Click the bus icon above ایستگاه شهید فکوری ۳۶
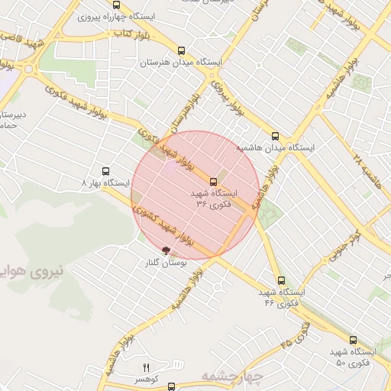point(213,182)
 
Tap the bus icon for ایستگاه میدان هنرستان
point(181,51)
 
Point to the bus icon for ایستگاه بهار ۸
point(105,172)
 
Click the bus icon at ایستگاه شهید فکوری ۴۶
point(282,281)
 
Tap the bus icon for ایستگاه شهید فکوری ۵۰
point(353,341)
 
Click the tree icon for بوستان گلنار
point(166,250)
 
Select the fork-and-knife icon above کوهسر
point(147,368)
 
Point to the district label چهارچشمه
point(232,376)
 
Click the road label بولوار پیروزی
point(216,91)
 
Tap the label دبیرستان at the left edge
point(13,115)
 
